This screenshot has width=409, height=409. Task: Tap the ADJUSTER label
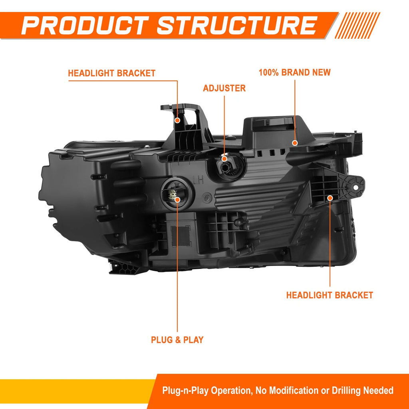coord(224,88)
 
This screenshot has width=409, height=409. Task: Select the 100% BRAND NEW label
coord(294,72)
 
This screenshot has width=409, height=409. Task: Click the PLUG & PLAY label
coord(177,340)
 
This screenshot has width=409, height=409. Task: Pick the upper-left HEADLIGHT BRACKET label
coord(112,73)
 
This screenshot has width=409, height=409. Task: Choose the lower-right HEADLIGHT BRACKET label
coord(330,295)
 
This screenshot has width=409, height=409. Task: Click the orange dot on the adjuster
coord(224,159)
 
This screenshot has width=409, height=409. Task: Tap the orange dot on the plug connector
coord(177,200)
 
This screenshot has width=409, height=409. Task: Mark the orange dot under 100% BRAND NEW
coord(295,143)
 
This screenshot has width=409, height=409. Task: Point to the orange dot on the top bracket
coord(177,120)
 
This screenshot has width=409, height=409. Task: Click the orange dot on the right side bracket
coord(330,198)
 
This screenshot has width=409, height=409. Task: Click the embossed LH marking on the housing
coord(199,180)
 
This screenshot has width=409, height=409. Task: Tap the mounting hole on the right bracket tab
coord(355,187)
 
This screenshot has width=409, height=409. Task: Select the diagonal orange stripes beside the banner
coord(357,25)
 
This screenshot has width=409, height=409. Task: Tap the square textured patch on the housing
coord(181,236)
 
